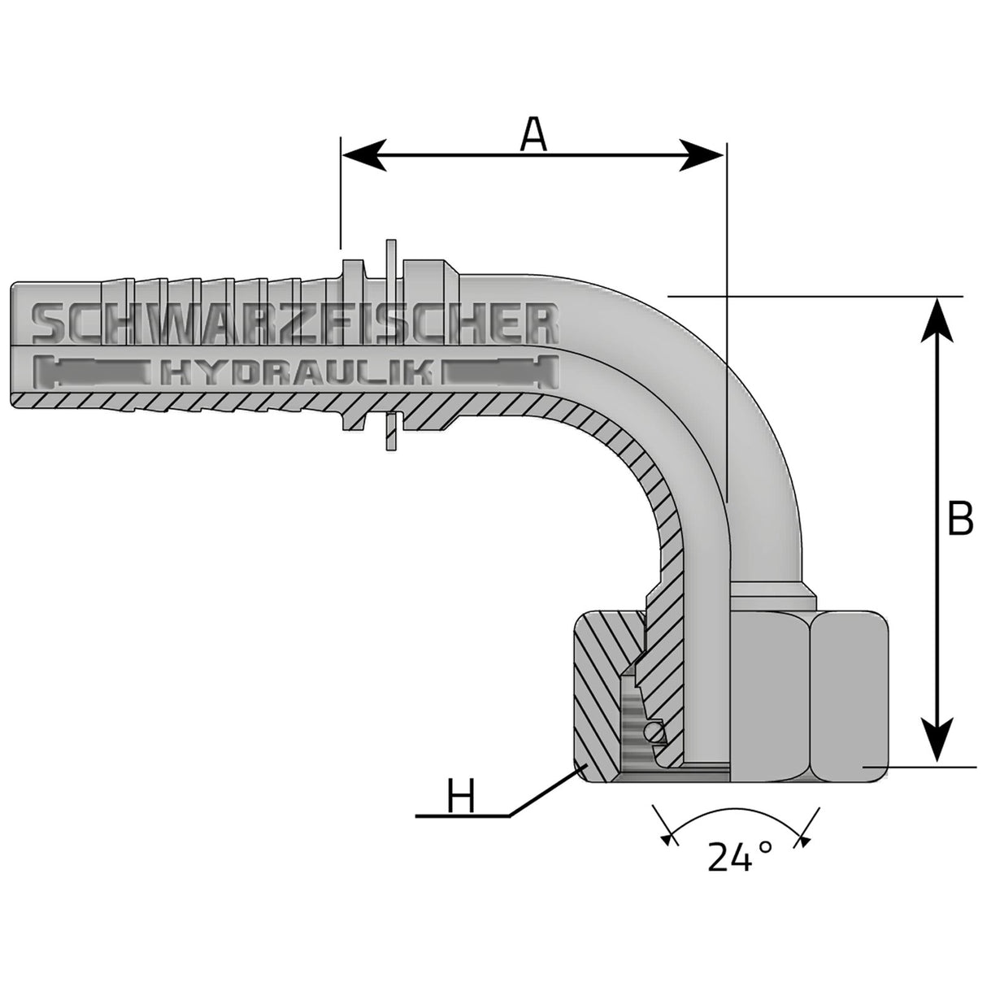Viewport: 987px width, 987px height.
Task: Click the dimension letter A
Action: (x=533, y=133)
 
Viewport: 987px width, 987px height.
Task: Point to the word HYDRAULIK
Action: (x=296, y=373)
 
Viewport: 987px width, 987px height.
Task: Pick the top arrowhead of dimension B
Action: (x=940, y=317)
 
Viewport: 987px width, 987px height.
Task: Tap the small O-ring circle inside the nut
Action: (x=654, y=734)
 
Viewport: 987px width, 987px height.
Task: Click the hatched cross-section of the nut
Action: (x=598, y=691)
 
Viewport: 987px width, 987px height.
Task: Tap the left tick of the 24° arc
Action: (x=668, y=837)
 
